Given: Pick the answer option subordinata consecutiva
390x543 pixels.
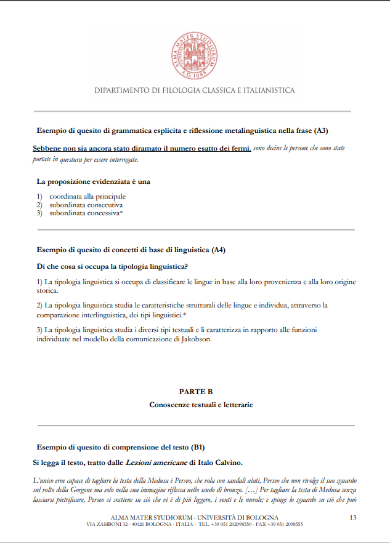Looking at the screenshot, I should pos(86,205).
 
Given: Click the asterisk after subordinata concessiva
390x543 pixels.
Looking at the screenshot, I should pos(122,213).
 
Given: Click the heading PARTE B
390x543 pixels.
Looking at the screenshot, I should pos(195,392).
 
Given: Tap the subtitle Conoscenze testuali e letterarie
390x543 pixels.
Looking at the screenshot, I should pos(201,405).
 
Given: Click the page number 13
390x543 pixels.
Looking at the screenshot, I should pos(353,517).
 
